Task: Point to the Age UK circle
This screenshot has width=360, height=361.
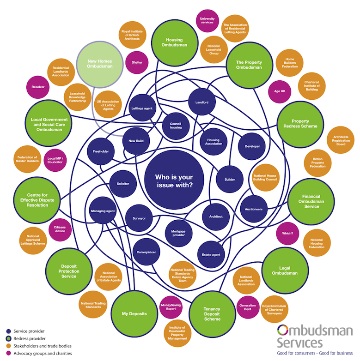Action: pyautogui.click(x=280, y=91)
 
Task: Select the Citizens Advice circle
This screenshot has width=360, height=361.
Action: pyautogui.click(x=60, y=232)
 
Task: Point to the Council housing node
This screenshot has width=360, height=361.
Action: pyautogui.click(x=176, y=126)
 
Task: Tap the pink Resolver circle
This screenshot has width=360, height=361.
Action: pyautogui.click(x=38, y=86)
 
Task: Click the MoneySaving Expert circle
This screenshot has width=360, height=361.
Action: pyautogui.click(x=171, y=307)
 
